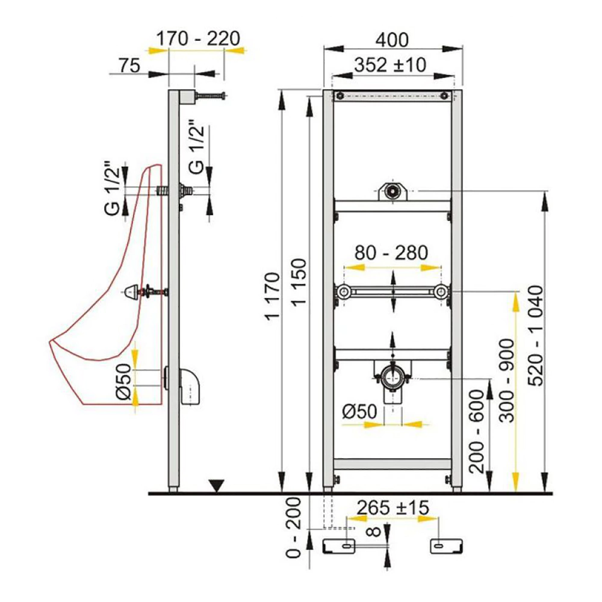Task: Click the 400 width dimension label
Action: click(x=392, y=40)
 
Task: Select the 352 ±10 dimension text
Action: click(x=390, y=65)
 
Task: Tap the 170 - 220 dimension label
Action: click(x=198, y=39)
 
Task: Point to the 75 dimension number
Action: click(x=129, y=65)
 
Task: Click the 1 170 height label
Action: click(x=272, y=296)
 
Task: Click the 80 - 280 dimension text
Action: click(x=391, y=253)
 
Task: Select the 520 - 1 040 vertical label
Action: click(x=536, y=335)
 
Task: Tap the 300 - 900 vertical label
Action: click(x=507, y=380)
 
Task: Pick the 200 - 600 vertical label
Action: click(x=477, y=431)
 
